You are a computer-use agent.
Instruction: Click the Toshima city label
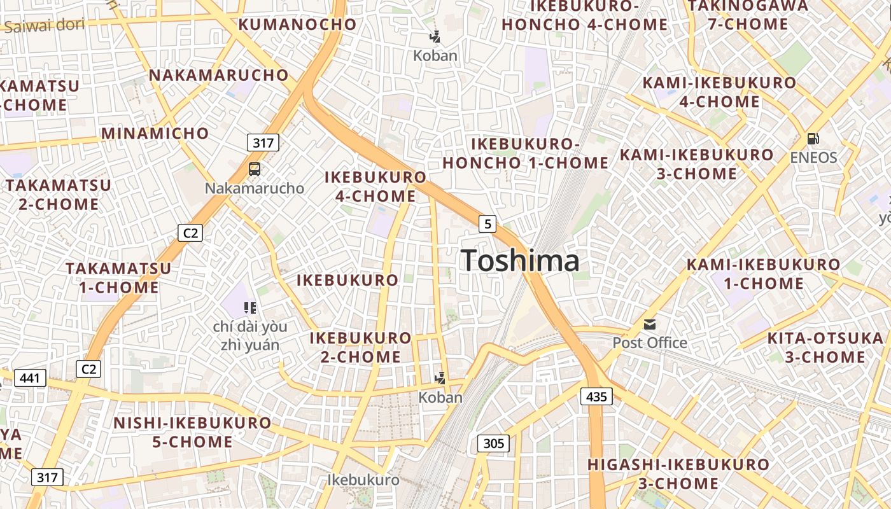[520, 261]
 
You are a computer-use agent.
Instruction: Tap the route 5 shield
[488, 223]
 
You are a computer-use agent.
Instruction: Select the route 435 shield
[596, 396]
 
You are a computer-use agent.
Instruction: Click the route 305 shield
[493, 443]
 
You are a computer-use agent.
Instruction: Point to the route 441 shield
[29, 379]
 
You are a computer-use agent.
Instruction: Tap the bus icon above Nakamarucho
[254, 169]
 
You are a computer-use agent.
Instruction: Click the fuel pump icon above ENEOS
[813, 138]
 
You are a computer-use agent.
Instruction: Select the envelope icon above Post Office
[649, 324]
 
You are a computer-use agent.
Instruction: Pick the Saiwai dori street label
[44, 25]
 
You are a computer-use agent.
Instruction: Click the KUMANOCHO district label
[297, 25]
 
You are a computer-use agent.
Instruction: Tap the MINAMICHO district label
[155, 134]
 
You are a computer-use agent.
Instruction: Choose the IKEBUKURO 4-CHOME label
[375, 186]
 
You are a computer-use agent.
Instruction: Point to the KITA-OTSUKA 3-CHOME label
[825, 347]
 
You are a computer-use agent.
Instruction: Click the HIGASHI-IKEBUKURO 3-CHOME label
[678, 474]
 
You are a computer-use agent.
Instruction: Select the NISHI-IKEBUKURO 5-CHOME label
[192, 432]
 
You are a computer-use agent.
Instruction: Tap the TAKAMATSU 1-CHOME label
[118, 277]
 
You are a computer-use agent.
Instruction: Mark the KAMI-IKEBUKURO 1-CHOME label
[763, 274]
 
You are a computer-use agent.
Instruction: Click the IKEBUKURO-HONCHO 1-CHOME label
[526, 153]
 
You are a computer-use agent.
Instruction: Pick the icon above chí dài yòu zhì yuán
[250, 309]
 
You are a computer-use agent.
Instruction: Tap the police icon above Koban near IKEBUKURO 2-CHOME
[440, 379]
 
